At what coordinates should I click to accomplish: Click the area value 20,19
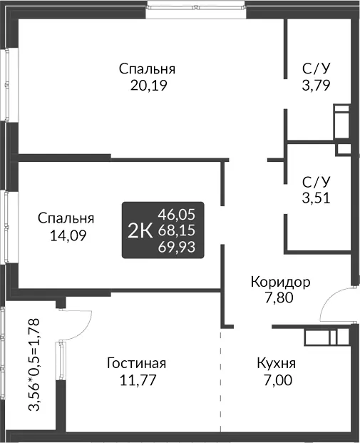coord(149,86)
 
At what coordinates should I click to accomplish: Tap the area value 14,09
coord(68,235)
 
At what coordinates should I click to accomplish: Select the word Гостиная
coord(136,363)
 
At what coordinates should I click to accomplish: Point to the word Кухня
coord(276,364)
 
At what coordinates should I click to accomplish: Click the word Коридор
coord(281,282)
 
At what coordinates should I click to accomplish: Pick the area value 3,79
coord(316,86)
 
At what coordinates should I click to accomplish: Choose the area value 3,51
coord(316,198)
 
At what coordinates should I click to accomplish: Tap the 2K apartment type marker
coord(140,231)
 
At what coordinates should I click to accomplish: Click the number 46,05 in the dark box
coord(177,215)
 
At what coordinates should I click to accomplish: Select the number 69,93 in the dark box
coord(177,248)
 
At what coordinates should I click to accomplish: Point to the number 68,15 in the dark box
coord(177,230)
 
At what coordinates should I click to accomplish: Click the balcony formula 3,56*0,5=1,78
coord(35,365)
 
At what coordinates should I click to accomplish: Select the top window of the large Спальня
coord(196,8)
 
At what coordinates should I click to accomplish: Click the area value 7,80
coord(279,297)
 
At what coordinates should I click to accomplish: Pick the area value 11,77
coord(138,380)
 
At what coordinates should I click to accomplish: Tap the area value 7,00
coord(278,380)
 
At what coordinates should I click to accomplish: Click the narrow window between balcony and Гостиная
coord(61,361)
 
